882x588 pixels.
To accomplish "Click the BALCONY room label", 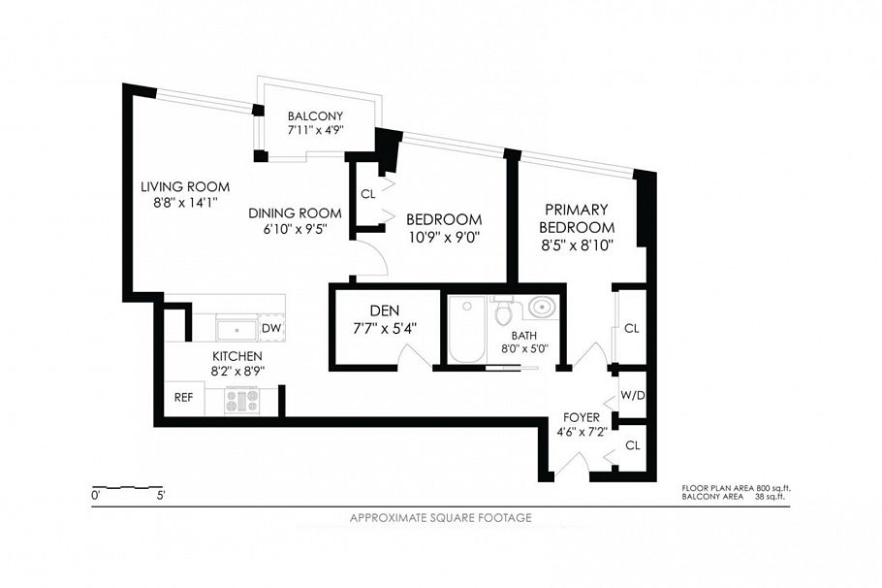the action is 315,116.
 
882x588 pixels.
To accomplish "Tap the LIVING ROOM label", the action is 185,186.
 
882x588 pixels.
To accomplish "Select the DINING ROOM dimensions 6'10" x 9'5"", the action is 295,229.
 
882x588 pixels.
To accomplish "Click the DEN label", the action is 385,310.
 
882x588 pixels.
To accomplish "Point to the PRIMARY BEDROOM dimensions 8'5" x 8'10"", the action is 577,245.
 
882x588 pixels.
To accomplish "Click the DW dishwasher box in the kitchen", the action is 271,328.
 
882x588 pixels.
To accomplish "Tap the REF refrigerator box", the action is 184,397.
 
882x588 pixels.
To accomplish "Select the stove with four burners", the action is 242,401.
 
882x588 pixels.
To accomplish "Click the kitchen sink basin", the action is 236,329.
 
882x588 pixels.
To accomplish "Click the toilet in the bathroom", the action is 502,310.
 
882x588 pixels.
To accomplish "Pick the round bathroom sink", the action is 542,308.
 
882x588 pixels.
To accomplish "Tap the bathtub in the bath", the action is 467,330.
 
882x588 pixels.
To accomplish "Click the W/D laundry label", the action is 633,395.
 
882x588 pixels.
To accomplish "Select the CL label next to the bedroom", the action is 368,194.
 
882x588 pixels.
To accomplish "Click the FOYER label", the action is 582,417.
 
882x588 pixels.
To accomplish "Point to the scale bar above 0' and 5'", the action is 128,486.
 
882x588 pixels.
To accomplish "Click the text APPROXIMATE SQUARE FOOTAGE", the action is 440,517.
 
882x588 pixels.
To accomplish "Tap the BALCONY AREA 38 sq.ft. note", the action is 733,497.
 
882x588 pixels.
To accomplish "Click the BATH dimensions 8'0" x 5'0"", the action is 524,348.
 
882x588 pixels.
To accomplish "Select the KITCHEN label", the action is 236,356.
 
